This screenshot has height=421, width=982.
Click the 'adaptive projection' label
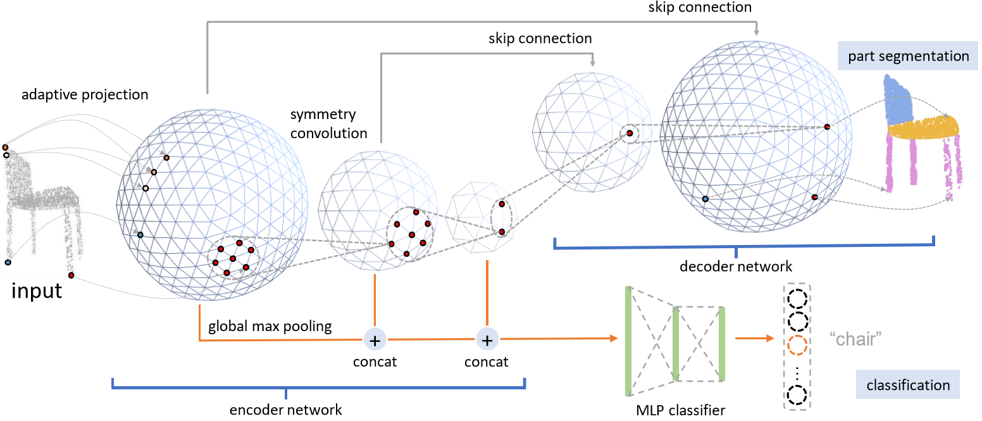pyautogui.click(x=85, y=95)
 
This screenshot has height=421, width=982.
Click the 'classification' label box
pyautogui.click(x=908, y=385)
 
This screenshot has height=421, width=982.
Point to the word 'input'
pyautogui.click(x=37, y=291)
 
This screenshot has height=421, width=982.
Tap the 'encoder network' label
pyautogui.click(x=286, y=410)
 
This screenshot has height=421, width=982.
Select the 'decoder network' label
pyautogui.click(x=736, y=266)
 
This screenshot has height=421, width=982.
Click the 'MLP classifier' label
pyautogui.click(x=681, y=410)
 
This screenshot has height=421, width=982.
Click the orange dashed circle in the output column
pyautogui.click(x=797, y=345)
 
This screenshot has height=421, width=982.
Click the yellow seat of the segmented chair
pyautogui.click(x=924, y=130)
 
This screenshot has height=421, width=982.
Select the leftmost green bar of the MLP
pyautogui.click(x=628, y=341)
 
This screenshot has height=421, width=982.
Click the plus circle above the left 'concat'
pyautogui.click(x=375, y=340)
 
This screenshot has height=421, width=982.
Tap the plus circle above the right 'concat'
pyautogui.click(x=487, y=340)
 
